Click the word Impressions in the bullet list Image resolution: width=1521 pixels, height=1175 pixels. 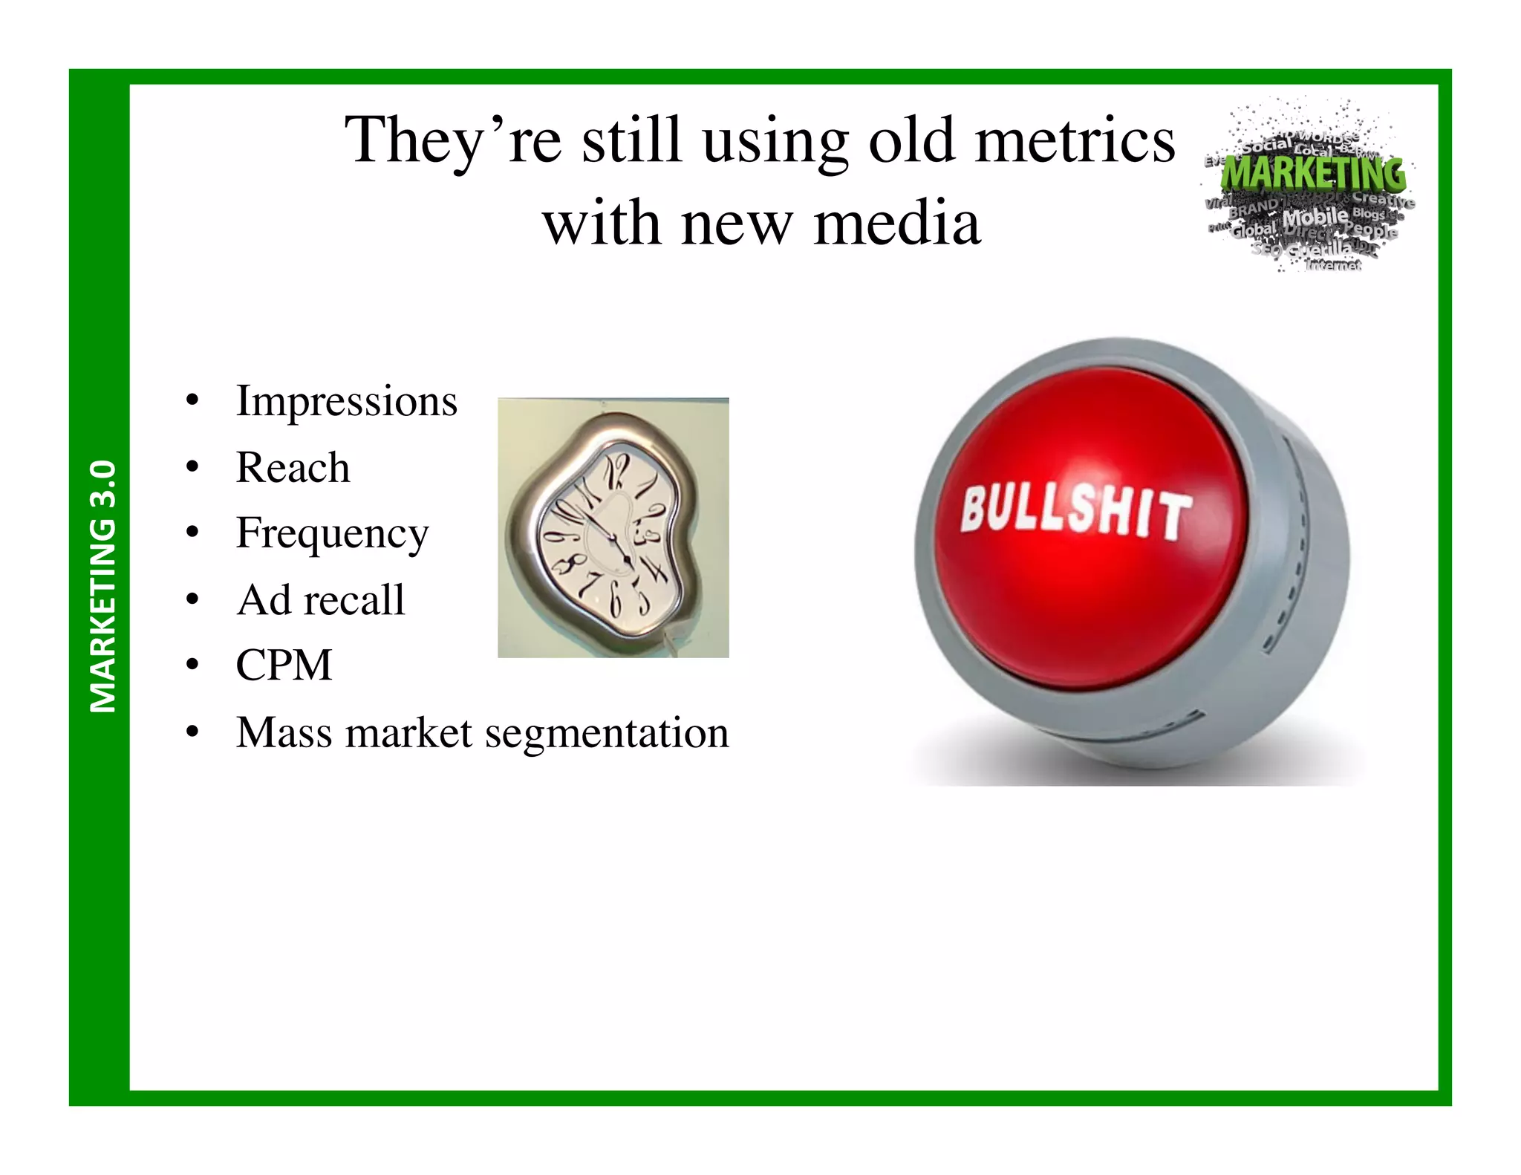[346, 402]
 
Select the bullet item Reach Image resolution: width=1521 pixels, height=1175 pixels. [293, 468]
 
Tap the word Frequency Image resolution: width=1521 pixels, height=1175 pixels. [332, 533]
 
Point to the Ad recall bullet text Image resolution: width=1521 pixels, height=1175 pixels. [320, 600]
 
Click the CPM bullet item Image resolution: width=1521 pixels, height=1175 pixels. [284, 665]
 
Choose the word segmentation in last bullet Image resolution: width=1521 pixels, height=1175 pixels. [607, 733]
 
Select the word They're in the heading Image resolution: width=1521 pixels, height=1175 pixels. [452, 140]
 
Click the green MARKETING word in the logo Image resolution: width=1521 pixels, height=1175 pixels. [1313, 173]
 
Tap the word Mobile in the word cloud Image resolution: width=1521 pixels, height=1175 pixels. [1315, 218]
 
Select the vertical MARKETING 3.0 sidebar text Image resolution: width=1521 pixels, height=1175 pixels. [102, 587]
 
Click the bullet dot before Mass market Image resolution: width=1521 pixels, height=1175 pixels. [192, 733]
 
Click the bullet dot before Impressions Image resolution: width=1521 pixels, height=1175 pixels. [192, 402]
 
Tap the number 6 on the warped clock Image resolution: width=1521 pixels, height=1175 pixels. [616, 601]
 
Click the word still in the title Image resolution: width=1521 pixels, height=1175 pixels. [631, 140]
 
